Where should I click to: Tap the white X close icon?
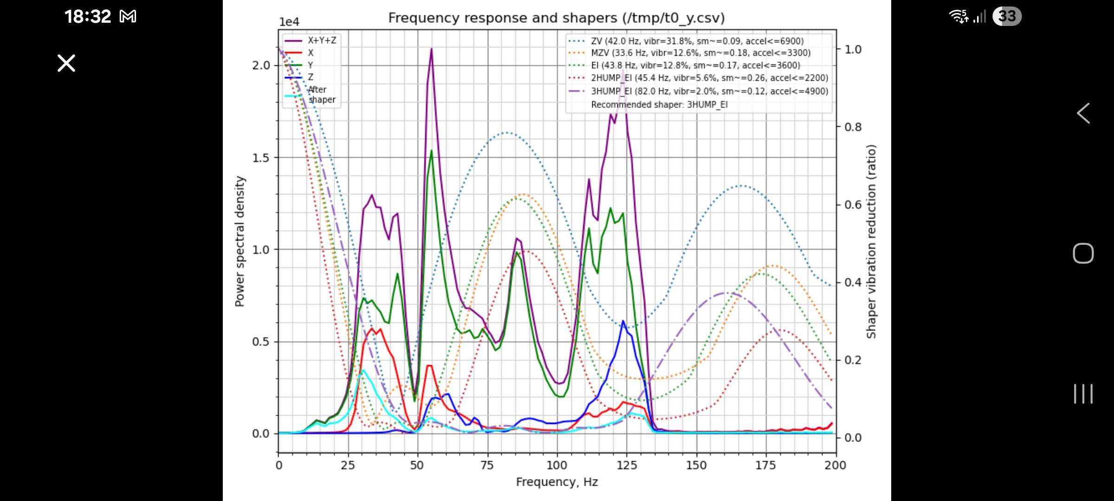point(66,63)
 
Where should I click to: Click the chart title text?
point(556,18)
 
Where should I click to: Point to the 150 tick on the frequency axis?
point(696,465)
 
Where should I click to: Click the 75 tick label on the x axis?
point(487,465)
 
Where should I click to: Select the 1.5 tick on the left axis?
point(261,158)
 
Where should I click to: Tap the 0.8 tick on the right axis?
point(853,127)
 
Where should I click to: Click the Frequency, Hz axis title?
point(557,482)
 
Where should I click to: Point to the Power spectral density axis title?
point(240,241)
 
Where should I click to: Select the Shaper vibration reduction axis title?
point(871,241)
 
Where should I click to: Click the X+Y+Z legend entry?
point(322,40)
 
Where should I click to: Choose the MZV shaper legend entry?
point(700,53)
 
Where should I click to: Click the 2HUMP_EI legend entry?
point(709,78)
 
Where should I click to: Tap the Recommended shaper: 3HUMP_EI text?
point(659,105)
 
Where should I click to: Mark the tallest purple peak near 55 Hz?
point(431,49)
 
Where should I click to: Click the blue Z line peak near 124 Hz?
point(623,321)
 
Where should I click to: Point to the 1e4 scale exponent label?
point(289,22)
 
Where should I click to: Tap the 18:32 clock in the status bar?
point(87,17)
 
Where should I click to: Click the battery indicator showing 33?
point(1007,17)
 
